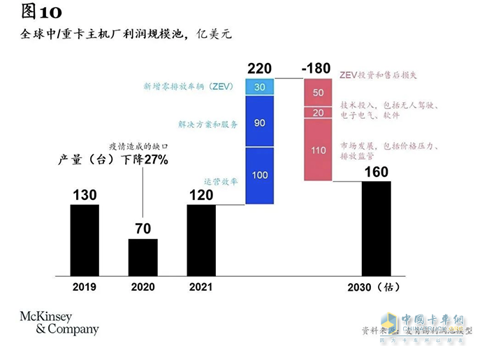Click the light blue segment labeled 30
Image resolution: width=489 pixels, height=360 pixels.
[x=260, y=87]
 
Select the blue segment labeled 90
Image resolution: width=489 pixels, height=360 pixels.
[x=260, y=123]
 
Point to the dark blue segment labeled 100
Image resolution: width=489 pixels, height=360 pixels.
[x=260, y=175]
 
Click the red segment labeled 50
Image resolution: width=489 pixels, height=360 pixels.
[x=318, y=92]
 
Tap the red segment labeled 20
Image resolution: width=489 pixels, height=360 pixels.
[x=318, y=113]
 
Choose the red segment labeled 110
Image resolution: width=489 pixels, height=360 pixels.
[x=318, y=150]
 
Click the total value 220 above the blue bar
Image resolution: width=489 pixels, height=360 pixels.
[x=260, y=69]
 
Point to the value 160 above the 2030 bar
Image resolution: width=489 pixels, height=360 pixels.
[x=376, y=172]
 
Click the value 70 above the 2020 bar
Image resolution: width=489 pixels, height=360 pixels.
[x=143, y=229]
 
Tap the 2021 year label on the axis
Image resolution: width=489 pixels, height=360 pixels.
[x=201, y=287]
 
